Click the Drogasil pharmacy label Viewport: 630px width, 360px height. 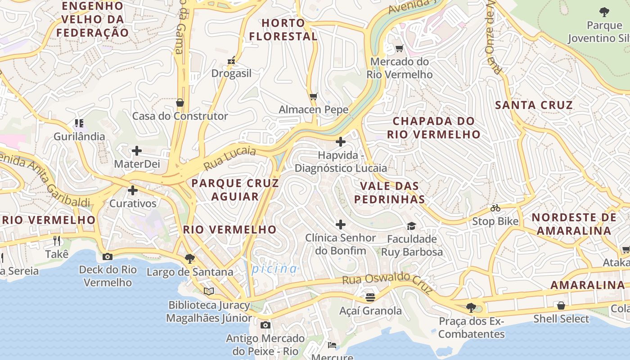[231, 73]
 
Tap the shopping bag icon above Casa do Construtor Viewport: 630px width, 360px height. [180, 103]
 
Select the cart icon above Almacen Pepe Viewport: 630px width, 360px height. [314, 96]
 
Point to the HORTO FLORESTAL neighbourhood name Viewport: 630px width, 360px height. [283, 30]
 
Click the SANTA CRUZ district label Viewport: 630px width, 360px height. [534, 105]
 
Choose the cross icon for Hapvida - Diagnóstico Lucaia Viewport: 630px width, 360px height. [341, 142]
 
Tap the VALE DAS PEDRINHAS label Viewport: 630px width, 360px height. [390, 193]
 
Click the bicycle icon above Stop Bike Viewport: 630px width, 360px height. [495, 208]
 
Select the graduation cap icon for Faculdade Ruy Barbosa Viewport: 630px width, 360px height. [411, 225]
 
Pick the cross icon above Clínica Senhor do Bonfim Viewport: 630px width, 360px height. [341, 225]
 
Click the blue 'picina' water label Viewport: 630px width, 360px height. [274, 269]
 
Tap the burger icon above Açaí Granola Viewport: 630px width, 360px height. [370, 297]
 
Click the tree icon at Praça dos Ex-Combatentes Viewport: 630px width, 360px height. [471, 308]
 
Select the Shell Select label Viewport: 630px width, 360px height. [561, 319]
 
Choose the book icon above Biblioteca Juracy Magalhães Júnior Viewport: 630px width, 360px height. [208, 291]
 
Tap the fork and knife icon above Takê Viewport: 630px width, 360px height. [57, 240]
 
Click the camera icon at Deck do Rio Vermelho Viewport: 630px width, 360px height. [108, 256]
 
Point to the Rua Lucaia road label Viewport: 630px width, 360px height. [229, 158]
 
